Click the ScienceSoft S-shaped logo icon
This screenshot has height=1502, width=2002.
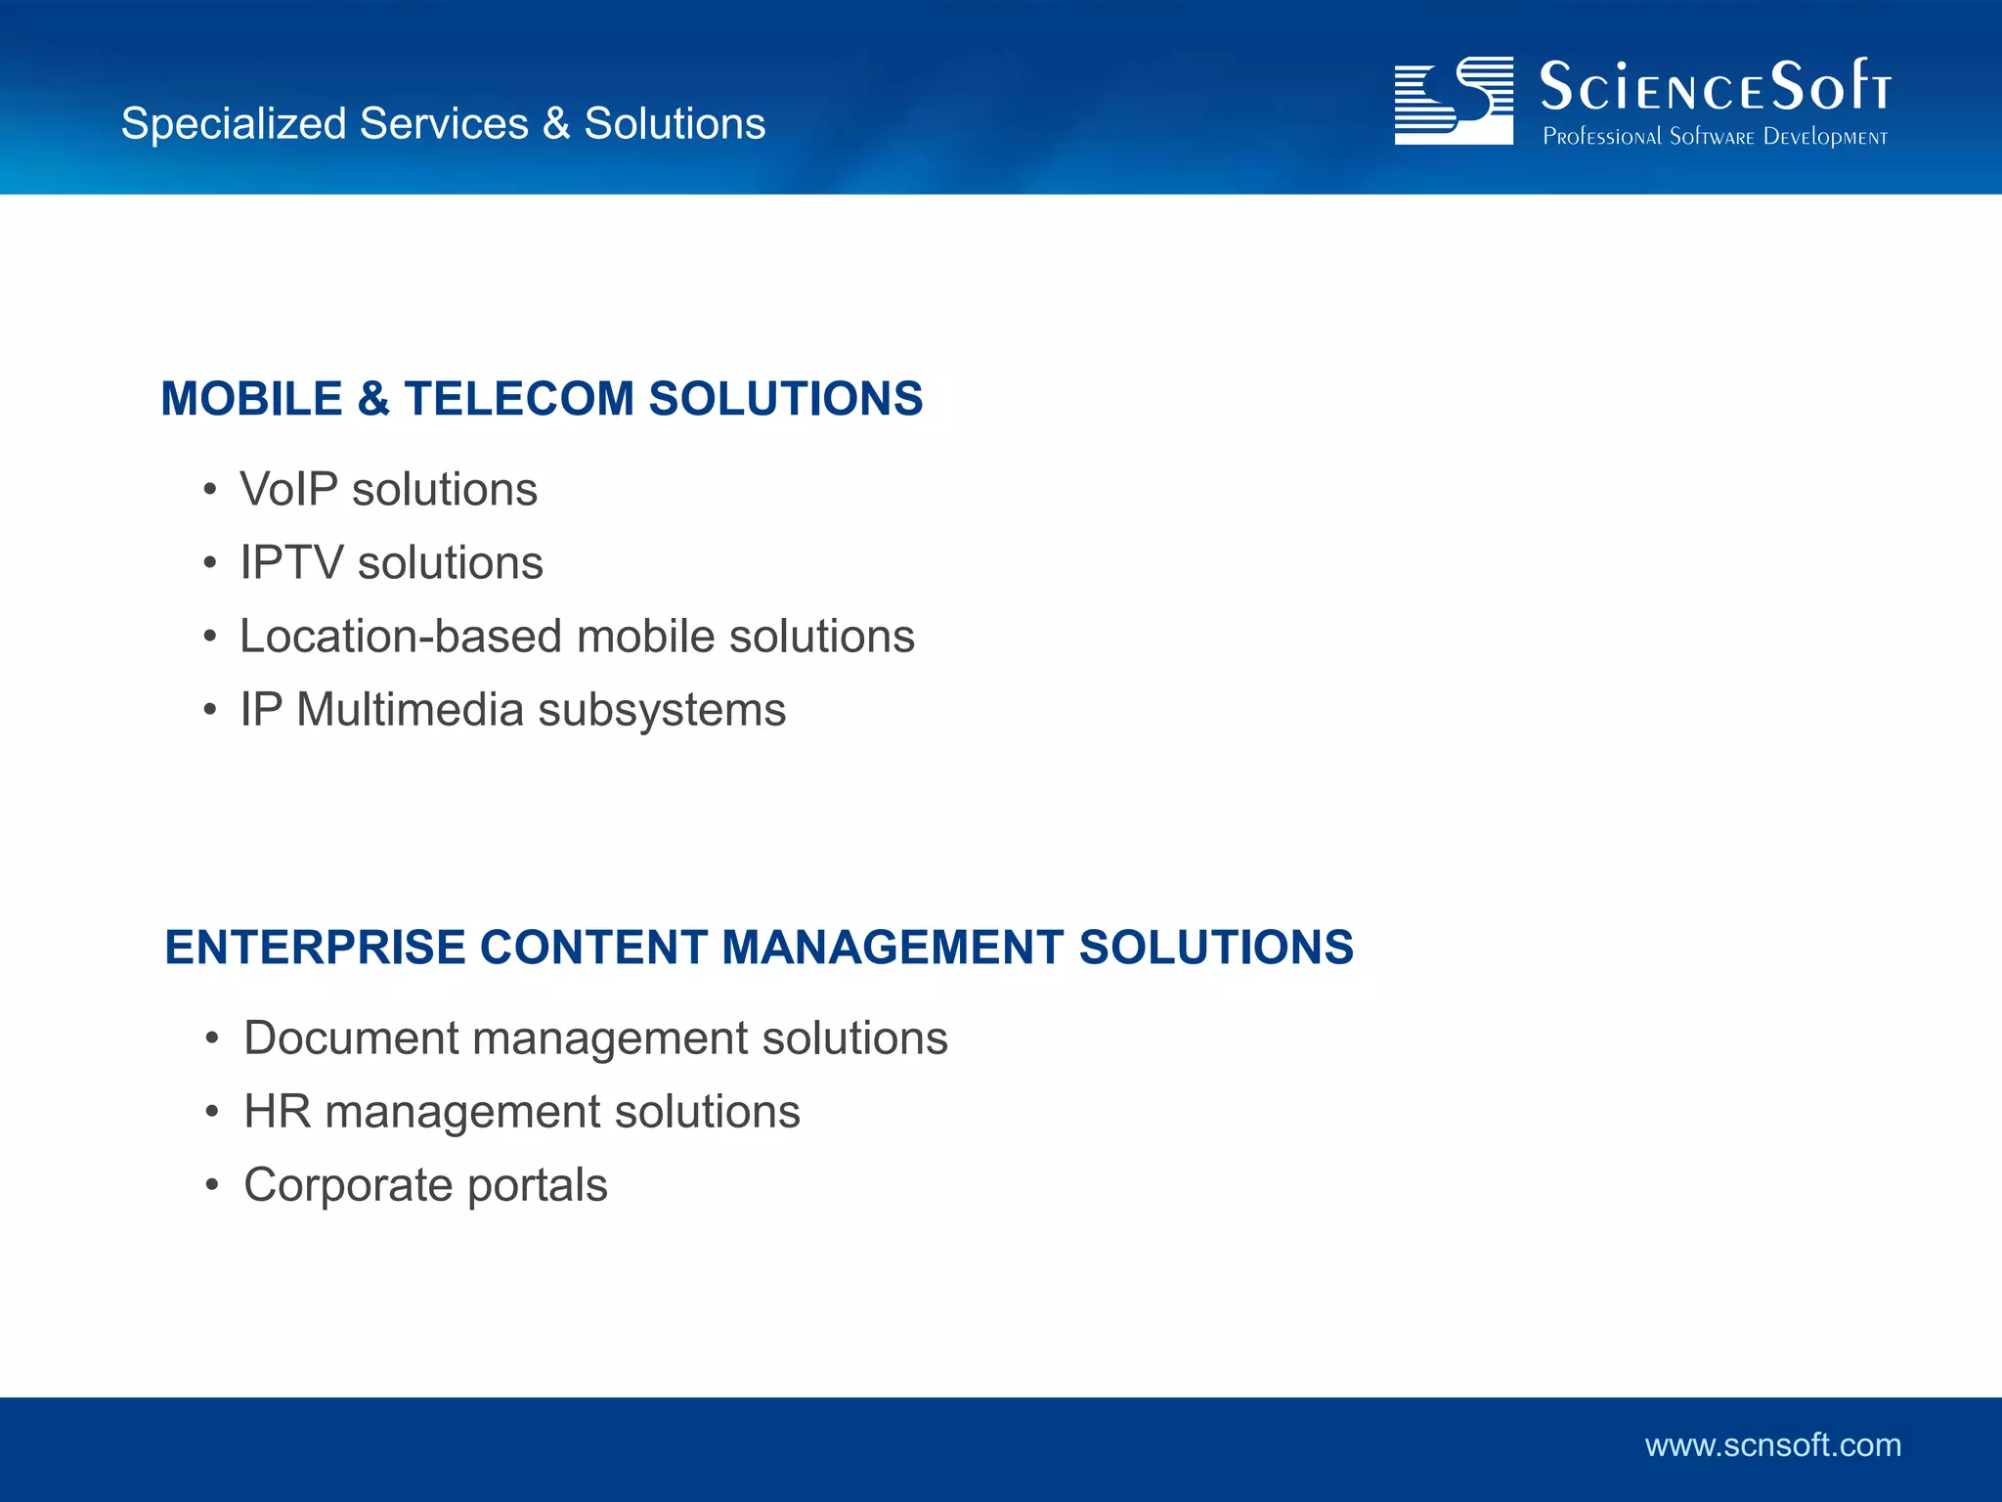tap(1454, 101)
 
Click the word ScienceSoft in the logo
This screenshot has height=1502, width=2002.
tap(1715, 87)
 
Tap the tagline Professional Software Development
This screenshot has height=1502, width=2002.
tap(1715, 137)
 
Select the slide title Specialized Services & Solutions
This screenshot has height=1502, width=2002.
tap(443, 124)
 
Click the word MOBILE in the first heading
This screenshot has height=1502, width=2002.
tap(251, 399)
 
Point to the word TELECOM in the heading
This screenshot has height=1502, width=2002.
tap(519, 399)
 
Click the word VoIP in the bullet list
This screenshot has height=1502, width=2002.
tap(288, 489)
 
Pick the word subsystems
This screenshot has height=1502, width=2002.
tap(662, 711)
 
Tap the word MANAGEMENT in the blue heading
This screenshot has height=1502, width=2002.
tap(892, 948)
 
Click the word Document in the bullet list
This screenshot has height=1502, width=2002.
tap(351, 1038)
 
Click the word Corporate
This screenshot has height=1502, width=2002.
tap(348, 1186)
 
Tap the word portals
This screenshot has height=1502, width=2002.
tap(537, 1186)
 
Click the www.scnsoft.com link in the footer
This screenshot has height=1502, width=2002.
tap(1772, 1445)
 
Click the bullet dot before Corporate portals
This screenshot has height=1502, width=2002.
tap(212, 1186)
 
